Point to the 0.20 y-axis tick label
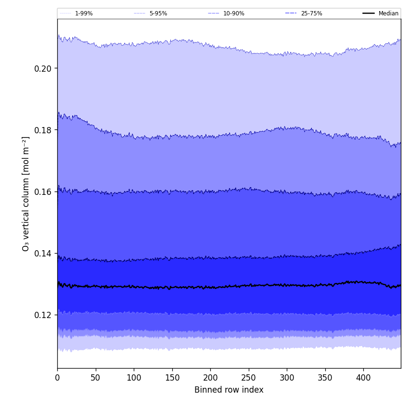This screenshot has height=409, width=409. tap(43, 68)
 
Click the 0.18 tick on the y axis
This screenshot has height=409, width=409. tap(43, 130)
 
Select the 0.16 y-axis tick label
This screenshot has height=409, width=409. tap(43, 192)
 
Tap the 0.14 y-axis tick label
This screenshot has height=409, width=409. tap(43, 253)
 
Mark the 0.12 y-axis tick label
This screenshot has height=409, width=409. tap(43, 315)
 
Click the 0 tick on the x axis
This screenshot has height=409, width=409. tap(57, 378)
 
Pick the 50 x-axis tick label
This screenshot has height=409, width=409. tap(96, 378)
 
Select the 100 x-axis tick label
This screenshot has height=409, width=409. tap(134, 378)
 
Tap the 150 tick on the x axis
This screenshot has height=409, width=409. tap(172, 378)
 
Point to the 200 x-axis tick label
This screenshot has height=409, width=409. tap(210, 378)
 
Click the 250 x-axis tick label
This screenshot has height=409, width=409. tap(249, 378)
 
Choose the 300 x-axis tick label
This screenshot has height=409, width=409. tap(287, 378)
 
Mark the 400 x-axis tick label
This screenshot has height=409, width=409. tap(363, 378)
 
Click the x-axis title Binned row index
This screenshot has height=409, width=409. tap(229, 390)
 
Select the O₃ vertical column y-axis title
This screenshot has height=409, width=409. tap(26, 193)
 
